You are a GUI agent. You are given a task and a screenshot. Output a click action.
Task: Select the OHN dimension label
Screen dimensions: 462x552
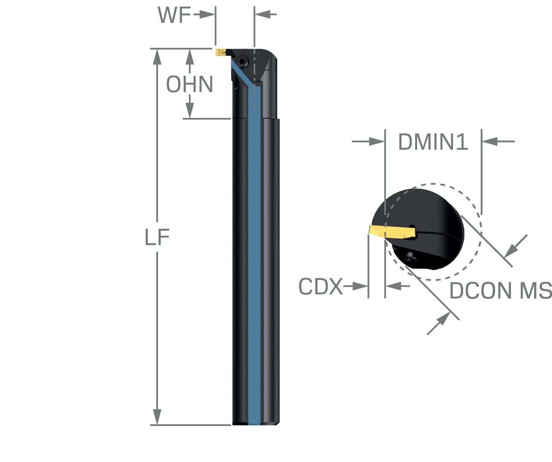coord(189,84)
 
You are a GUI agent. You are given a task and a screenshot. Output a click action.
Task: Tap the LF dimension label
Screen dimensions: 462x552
coord(157,237)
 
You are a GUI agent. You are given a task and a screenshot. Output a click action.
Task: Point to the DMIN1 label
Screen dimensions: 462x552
coord(433,142)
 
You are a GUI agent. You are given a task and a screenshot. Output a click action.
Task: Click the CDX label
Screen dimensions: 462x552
coord(320,286)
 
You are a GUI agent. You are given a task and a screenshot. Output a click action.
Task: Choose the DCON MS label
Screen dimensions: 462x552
coord(500,291)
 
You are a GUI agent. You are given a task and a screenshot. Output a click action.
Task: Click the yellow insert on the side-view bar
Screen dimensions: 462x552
coord(220,52)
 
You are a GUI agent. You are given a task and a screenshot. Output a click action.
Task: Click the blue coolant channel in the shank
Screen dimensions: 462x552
coord(254,258)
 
